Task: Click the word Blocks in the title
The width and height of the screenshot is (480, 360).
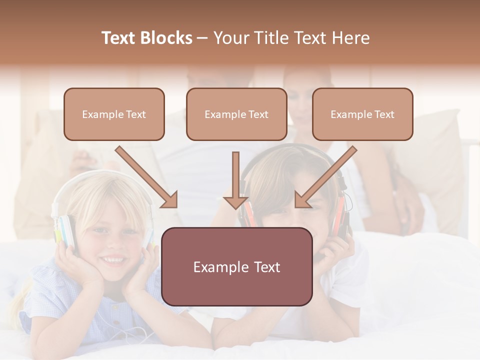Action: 167,38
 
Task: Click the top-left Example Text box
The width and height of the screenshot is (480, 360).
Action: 114,114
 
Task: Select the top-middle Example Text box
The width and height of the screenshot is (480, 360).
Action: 236,114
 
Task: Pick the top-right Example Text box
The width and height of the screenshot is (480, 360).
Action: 362,114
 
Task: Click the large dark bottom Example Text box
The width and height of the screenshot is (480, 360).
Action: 236,266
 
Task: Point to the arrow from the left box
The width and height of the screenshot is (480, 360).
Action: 147,177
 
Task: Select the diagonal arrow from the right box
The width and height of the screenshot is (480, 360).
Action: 325,177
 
